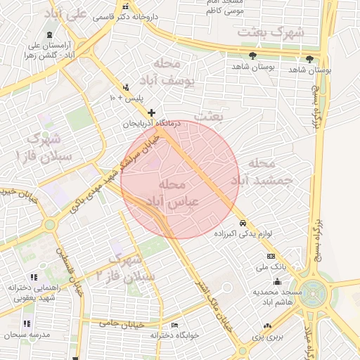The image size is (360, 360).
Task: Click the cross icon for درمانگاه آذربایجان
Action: pos(151,112)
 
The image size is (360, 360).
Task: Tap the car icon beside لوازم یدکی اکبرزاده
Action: pos(242,223)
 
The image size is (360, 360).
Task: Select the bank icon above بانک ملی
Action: pos(271,256)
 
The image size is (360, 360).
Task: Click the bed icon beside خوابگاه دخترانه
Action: pos(175,326)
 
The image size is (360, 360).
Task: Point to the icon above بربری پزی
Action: pos(266,326)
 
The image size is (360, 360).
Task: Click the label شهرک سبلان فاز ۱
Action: pos(44,145)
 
